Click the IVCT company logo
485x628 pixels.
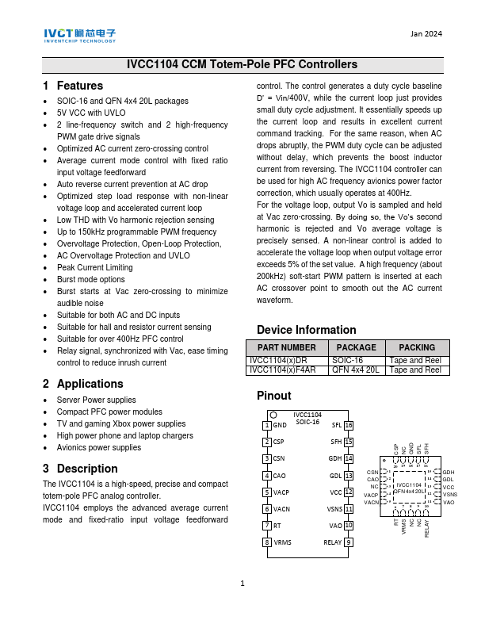(79, 36)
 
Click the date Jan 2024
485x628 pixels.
(426, 33)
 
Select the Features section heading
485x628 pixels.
(74, 86)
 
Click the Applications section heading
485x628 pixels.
(83, 384)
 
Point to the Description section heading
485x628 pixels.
(81, 468)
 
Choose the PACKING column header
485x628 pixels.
(417, 347)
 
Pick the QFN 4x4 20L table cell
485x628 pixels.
(356, 370)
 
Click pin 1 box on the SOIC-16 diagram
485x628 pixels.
(267, 426)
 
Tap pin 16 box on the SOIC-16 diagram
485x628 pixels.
(349, 426)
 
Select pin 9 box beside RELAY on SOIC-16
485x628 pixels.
(349, 542)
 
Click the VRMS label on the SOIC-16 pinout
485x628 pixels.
(283, 542)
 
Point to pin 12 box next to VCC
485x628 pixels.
(349, 492)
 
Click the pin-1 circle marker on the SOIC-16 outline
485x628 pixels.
(273, 414)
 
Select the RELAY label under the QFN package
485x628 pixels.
(427, 528)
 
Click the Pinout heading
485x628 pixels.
(274, 395)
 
